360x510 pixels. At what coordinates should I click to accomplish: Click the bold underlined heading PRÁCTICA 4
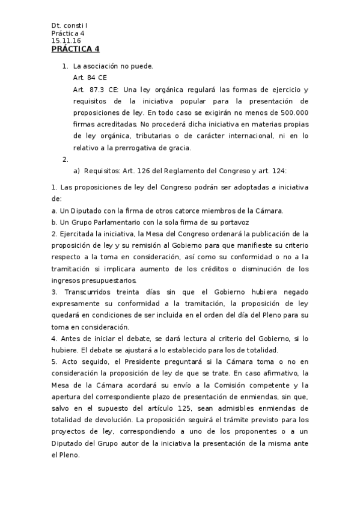coord(76,49)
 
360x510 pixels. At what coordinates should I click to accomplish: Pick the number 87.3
coord(96,89)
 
